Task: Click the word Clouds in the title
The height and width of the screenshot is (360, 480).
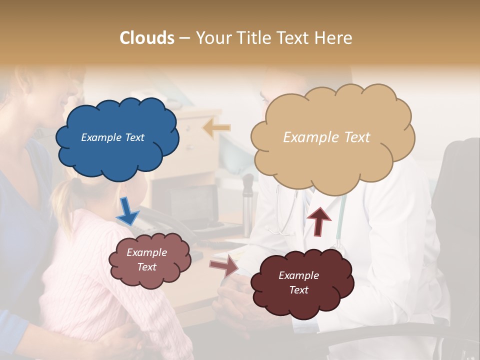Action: point(147,38)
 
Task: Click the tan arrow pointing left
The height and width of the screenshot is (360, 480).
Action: point(216,128)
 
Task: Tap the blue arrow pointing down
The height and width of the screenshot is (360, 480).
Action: point(127,211)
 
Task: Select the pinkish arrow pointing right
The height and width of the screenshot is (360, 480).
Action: point(223,265)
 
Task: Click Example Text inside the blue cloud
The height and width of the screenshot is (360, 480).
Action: point(112,137)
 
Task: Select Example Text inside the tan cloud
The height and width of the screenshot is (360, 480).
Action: point(326,137)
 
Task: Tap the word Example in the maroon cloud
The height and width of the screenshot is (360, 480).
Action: point(298,275)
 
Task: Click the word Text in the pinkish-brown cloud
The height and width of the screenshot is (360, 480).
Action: point(146,267)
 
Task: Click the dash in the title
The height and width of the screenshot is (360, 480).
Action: point(184,38)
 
